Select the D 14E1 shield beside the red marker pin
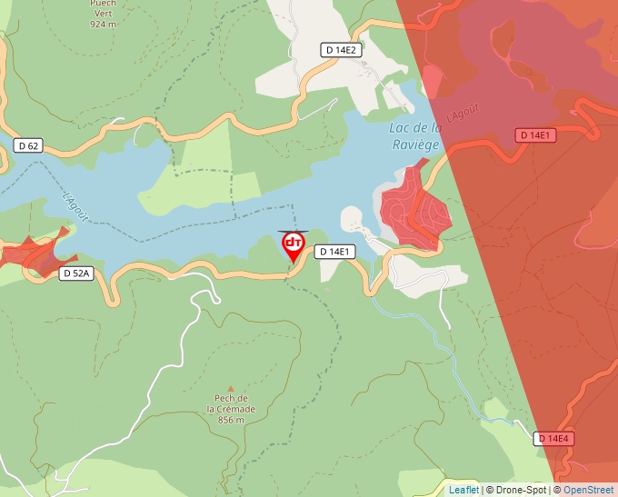coord(334,251)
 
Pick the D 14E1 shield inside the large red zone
coord(535,135)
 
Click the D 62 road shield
coord(28,145)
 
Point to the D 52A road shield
coord(76,273)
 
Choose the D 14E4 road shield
coord(553,439)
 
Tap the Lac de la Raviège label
coord(415,135)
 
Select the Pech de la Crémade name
coord(231,403)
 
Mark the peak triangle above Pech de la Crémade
coord(230,388)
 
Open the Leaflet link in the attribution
coord(463,490)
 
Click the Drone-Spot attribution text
coord(517,490)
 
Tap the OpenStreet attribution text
coord(590,490)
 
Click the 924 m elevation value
coord(103,25)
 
